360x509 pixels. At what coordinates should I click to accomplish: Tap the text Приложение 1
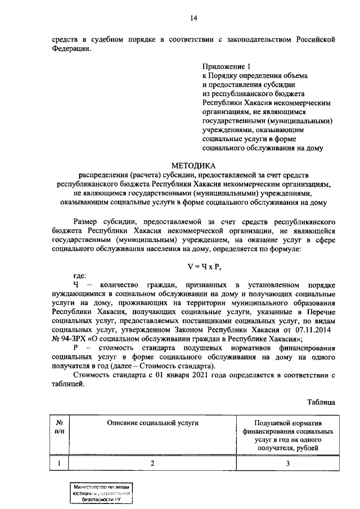point(224,67)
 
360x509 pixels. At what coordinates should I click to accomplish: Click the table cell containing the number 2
point(151,463)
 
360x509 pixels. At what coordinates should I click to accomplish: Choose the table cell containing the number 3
point(287,463)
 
